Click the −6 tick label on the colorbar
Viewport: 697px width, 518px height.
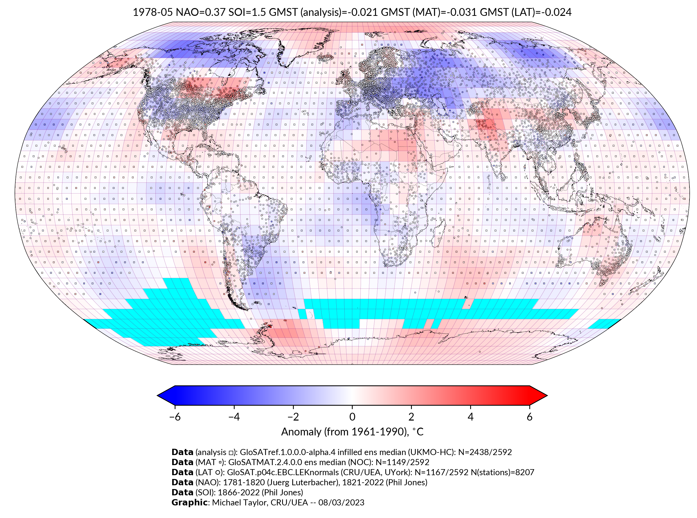click(174, 417)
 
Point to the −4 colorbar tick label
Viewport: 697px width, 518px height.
click(234, 417)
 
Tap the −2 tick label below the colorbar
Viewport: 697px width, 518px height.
click(293, 417)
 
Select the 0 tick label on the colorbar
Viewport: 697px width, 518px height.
click(352, 417)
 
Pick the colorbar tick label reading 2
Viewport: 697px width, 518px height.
click(411, 417)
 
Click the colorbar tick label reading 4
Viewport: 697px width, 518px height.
click(470, 417)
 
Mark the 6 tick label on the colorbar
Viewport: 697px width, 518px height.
click(529, 417)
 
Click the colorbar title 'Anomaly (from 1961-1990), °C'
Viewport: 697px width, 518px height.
click(352, 432)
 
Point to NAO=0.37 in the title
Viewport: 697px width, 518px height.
click(201, 12)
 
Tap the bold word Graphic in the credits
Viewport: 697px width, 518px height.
click(189, 502)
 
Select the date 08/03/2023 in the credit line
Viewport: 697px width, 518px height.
click(341, 502)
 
